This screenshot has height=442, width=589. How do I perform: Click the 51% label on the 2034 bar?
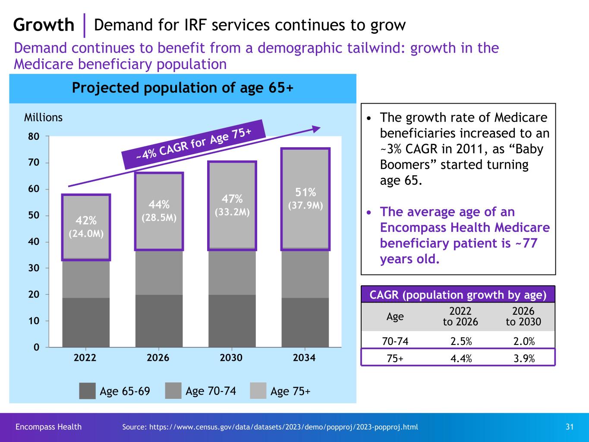coord(306,192)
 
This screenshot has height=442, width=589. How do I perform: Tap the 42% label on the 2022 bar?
coord(86,221)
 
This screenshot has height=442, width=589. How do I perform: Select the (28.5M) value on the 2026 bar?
coord(159,218)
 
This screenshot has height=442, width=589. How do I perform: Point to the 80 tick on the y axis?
coord(35,136)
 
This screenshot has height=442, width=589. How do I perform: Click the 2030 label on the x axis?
coord(231,358)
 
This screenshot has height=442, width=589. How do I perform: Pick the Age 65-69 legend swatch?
coord(87,391)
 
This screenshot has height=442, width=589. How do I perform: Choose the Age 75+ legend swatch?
coord(258,391)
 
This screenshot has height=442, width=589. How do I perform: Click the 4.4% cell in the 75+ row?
coord(460,358)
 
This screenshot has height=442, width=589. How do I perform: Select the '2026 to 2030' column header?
coord(523,316)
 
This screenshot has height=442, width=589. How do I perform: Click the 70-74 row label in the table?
coord(395,341)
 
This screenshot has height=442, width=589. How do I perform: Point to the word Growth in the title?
coord(44,25)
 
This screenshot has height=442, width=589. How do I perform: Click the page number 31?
coord(570,427)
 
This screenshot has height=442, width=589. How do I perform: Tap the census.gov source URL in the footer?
coord(270,427)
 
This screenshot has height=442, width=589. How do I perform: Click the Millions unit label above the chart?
coord(43,117)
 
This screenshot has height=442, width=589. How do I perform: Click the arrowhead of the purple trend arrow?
coord(317,128)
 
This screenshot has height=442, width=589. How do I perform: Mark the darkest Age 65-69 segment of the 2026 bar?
coord(159,321)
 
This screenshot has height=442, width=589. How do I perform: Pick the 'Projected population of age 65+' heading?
coord(183,88)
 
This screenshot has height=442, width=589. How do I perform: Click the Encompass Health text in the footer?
coord(48,427)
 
